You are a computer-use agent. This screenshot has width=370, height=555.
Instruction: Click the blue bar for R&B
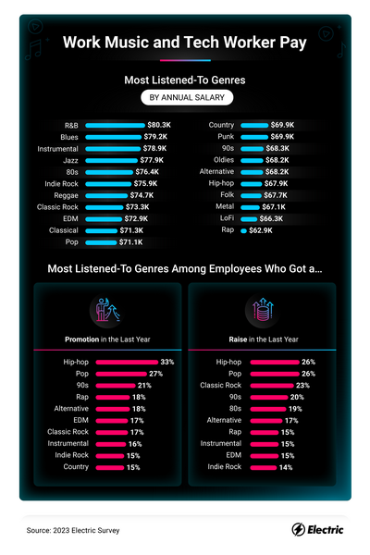point(115,125)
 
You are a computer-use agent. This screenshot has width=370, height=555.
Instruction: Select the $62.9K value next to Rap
point(261,230)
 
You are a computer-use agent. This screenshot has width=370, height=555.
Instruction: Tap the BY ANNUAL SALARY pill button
point(187,97)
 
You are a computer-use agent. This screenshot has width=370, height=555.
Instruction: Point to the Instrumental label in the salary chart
point(57,149)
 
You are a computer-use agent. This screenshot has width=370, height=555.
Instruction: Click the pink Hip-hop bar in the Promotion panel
point(127,362)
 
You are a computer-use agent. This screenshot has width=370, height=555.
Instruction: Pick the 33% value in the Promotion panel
point(167,362)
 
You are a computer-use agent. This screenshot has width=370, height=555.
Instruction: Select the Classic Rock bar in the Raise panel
point(272,386)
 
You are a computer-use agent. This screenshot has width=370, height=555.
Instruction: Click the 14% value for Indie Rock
point(286,467)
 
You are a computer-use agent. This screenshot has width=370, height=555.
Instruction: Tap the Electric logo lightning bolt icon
point(298,529)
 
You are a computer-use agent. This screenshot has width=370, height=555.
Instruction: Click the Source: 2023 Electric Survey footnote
point(73,530)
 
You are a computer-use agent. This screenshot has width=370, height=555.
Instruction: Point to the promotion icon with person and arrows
point(107,310)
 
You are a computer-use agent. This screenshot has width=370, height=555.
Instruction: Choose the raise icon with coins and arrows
point(263,310)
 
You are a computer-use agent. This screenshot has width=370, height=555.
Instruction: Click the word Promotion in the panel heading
point(81,339)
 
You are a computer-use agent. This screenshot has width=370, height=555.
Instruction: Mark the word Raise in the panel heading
point(238,339)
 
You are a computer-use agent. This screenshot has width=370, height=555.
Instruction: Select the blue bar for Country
point(254,125)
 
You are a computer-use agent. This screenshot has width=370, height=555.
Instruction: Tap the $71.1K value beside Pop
point(130,242)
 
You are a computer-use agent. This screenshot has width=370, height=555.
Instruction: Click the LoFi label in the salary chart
point(227,218)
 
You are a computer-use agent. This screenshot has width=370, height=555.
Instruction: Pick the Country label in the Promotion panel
point(76,466)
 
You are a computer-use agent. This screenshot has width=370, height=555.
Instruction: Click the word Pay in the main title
point(293,43)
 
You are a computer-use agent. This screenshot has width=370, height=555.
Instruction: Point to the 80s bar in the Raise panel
point(268,409)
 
